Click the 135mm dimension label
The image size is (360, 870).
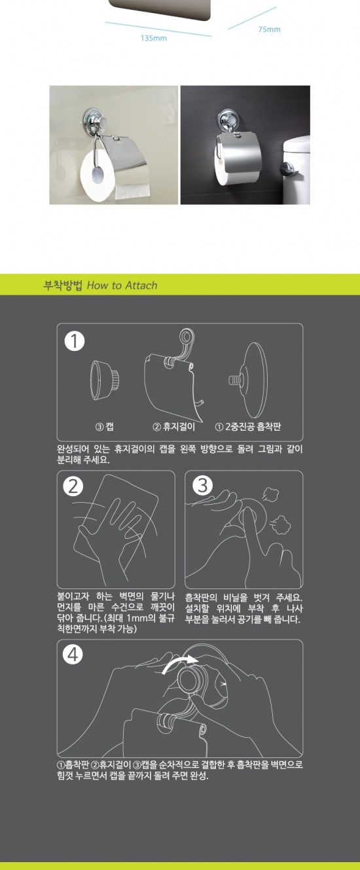pos(153,38)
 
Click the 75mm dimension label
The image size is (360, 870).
pos(269,29)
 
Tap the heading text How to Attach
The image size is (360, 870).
pos(122,285)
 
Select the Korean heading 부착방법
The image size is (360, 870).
pos(62,285)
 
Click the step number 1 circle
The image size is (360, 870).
pos(74,342)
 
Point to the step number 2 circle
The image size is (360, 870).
pos(73,486)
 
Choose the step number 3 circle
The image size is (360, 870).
pos(202,486)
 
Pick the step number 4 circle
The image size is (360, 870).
pos(73,655)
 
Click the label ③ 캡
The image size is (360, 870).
pos(105,427)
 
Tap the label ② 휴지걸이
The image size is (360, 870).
pos(173,427)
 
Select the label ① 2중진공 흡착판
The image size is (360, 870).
pos(248,427)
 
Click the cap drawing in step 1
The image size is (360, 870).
pos(105,380)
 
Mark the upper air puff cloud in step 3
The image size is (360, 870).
pos(271,494)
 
